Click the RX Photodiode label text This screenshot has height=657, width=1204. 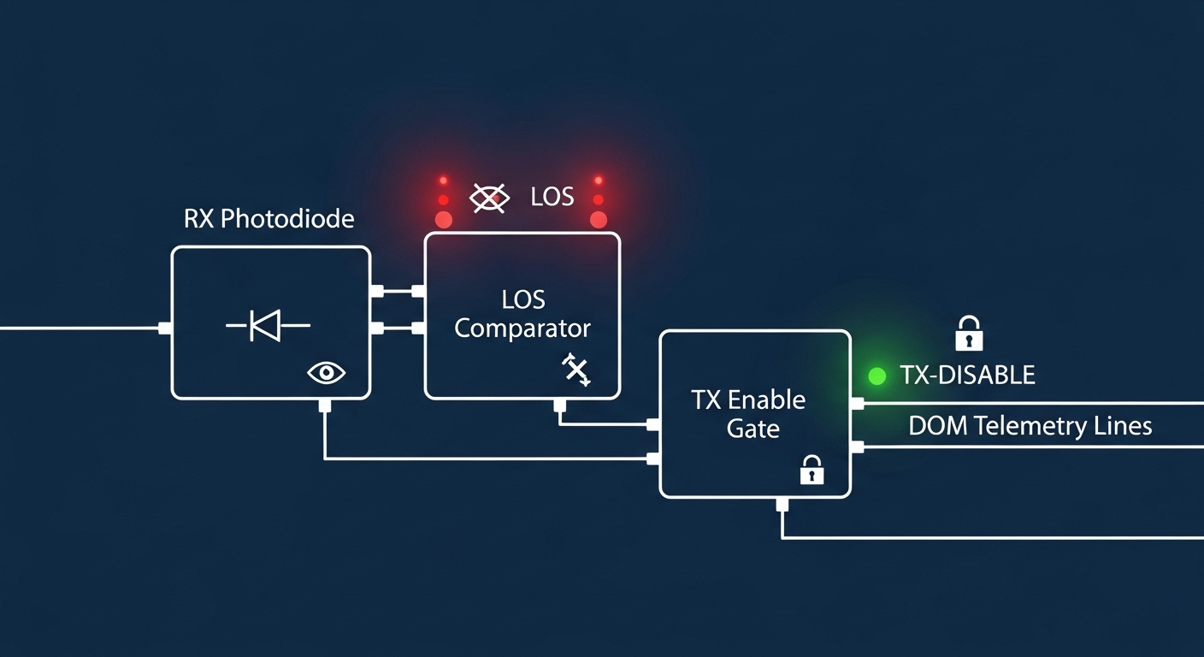pos(269,219)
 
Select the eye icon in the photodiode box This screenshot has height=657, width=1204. pos(326,372)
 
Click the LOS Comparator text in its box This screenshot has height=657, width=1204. pos(522,314)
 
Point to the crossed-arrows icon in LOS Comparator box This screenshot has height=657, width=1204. pos(575,370)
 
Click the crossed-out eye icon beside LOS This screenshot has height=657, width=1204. pos(490,198)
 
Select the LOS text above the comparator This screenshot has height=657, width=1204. pos(552,197)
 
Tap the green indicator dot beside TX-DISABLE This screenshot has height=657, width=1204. pos(876,376)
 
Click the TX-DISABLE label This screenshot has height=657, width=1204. pos(967,375)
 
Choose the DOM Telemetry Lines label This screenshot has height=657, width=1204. pos(1030,426)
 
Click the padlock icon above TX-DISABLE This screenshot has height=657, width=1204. pos(969,333)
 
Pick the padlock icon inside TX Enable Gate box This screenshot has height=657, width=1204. pos(812,470)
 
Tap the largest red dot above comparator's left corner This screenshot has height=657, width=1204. pos(443,219)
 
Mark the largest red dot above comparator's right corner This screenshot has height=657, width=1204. pos(599,219)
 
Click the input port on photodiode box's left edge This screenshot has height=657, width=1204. pos(165,328)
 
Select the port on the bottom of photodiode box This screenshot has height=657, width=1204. pos(324,405)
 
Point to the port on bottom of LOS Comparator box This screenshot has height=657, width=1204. pos(559,405)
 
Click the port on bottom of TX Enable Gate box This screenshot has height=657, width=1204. pos(782,504)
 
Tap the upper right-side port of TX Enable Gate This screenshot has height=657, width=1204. pos(858,403)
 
